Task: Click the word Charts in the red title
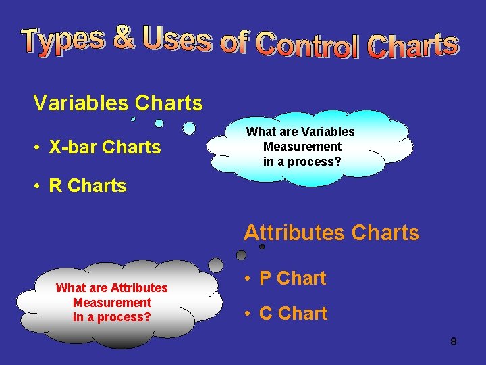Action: pos(413,45)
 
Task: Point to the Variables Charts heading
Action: pos(117,103)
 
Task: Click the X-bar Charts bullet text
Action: pos(105,147)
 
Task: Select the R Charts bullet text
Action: pos(88,186)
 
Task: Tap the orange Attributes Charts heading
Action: pos(331,233)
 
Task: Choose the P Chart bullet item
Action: pos(292,278)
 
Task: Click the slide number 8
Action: pos(453,342)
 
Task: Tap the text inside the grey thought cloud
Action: pos(112,302)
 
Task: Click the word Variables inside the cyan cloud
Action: pos(327,132)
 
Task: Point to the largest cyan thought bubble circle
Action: pos(190,128)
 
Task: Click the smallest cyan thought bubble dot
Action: pos(133,119)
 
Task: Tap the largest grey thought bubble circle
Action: pos(215,265)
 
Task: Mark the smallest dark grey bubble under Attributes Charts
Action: pos(262,247)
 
